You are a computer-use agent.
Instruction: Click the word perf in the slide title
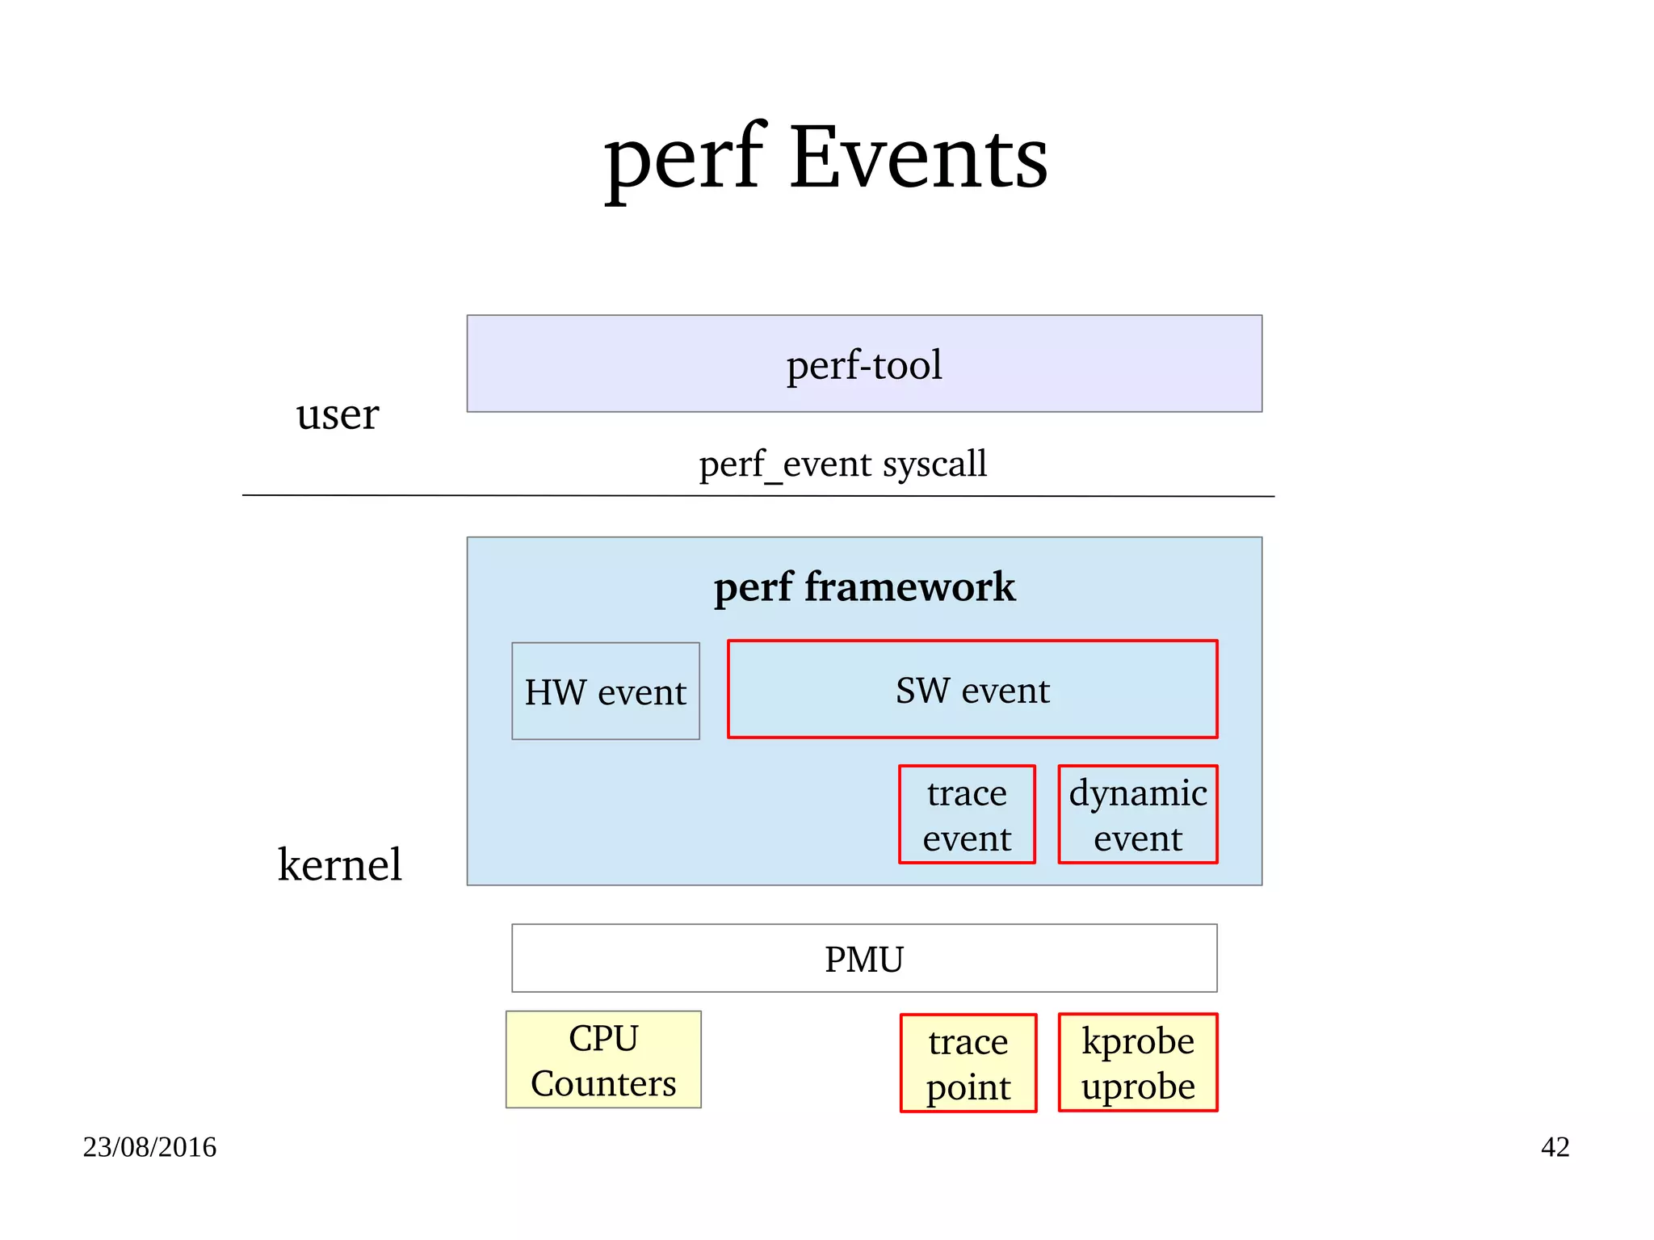tap(683, 159)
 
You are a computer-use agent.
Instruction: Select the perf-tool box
tap(864, 364)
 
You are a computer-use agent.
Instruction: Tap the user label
tap(337, 414)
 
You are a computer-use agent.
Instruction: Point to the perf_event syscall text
tap(842, 464)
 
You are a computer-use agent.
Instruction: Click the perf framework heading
tap(864, 586)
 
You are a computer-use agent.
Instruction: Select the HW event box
tap(605, 691)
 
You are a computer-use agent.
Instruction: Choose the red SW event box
tap(972, 690)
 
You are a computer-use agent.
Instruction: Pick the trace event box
tap(967, 814)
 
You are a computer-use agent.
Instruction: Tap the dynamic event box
tap(1137, 814)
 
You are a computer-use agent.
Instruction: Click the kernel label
tap(339, 864)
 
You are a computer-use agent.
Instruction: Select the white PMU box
tap(864, 959)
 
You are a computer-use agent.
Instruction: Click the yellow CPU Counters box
tap(603, 1059)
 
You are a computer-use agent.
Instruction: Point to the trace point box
tap(968, 1063)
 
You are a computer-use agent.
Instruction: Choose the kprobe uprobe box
tap(1137, 1062)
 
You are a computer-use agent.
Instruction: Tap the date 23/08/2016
tap(149, 1147)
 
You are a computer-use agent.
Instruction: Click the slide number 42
tap(1555, 1147)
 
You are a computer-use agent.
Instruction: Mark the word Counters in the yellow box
tap(603, 1083)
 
